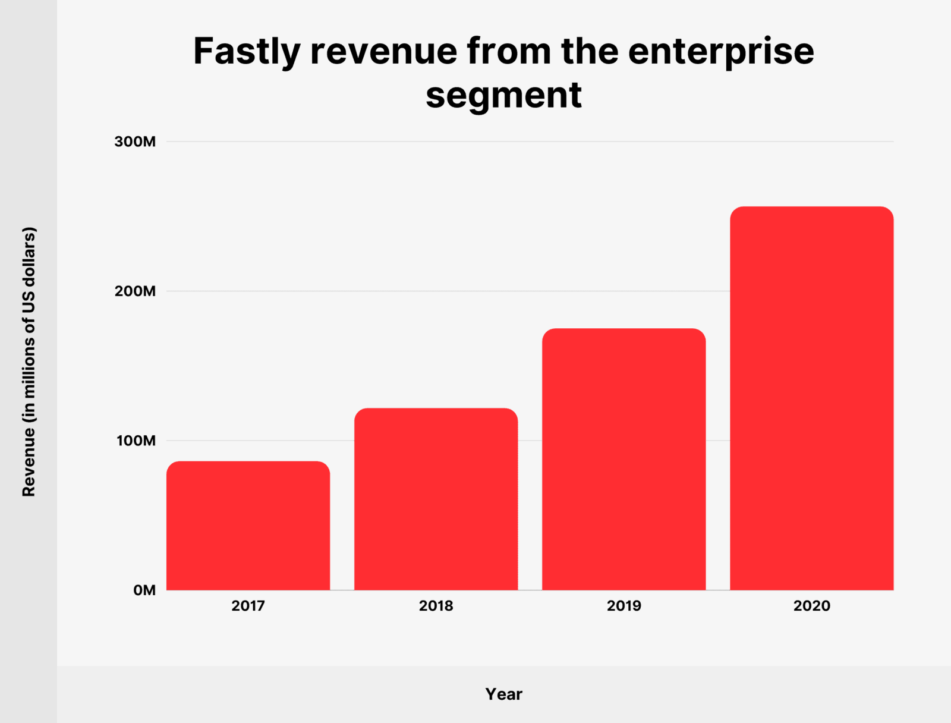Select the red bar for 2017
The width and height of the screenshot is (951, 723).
coord(248,526)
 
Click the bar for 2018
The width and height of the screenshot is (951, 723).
coord(436,499)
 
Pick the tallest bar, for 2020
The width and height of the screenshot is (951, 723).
coord(811,398)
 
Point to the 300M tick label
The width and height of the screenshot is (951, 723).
coord(135,142)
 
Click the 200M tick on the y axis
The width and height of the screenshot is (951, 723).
coord(135,291)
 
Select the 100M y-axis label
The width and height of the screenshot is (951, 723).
coord(136,441)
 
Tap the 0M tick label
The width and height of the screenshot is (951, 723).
coord(144,590)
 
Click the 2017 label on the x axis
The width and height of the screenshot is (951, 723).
coord(248,606)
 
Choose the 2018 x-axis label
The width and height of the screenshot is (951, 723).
coord(436,606)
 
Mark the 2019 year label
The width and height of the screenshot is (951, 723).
coord(623,606)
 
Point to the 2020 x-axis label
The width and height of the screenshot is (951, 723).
coord(811,606)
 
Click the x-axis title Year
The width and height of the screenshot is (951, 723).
coord(503,694)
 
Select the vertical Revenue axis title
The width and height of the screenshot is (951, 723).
coord(29,361)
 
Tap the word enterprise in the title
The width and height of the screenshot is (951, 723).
coord(721,52)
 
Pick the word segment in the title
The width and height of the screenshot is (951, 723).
coord(503,95)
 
